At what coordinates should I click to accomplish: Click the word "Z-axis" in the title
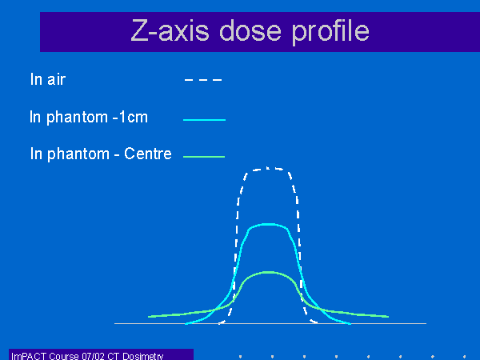[x=170, y=30]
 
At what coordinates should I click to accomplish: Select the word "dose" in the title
[x=250, y=30]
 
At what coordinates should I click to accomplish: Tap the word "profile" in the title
[x=330, y=33]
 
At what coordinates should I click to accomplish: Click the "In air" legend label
[x=48, y=79]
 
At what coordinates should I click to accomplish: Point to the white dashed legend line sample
[x=203, y=80]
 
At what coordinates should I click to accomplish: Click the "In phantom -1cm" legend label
[x=89, y=117]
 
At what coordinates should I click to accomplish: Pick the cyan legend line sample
[x=204, y=120]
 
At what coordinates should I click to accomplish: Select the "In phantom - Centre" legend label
[x=101, y=154]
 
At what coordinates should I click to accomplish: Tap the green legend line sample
[x=204, y=157]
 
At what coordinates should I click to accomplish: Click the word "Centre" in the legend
[x=148, y=154]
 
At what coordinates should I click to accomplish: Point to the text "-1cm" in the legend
[x=130, y=117]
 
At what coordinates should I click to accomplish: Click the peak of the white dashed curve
[x=268, y=168]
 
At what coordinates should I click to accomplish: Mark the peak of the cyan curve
[x=268, y=225]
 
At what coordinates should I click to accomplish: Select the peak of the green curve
[x=269, y=272]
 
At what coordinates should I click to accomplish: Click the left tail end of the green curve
[x=149, y=317]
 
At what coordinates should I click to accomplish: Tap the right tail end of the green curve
[x=389, y=317]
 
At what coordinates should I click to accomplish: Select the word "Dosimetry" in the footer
[x=143, y=356]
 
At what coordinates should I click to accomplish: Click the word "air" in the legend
[x=56, y=80]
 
